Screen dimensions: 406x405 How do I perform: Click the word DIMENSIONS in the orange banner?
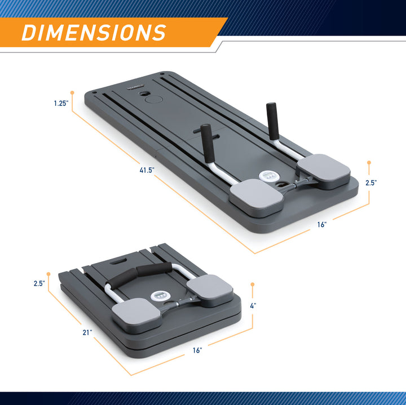tap(94, 33)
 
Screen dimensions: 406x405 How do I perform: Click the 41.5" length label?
tap(147, 170)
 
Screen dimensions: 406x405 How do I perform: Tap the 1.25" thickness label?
tap(61, 104)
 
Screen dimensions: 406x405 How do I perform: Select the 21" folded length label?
tap(87, 332)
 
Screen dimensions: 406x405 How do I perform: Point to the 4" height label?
tap(253, 306)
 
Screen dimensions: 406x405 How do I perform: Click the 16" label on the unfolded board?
tap(322, 225)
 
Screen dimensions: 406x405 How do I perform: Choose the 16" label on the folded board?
tap(197, 350)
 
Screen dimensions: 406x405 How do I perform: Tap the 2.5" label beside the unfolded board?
tap(371, 183)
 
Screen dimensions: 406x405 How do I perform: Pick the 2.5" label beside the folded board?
tap(39, 283)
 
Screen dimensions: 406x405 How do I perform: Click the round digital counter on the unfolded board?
tap(267, 176)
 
